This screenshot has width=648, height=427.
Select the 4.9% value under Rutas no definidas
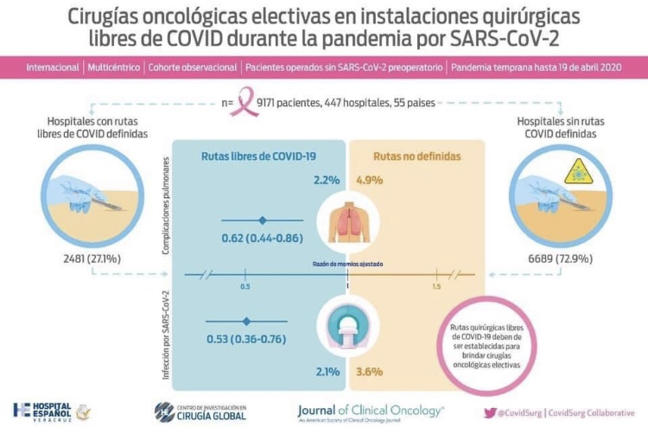tap(370, 181)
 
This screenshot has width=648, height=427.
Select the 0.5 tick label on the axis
tap(245, 286)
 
